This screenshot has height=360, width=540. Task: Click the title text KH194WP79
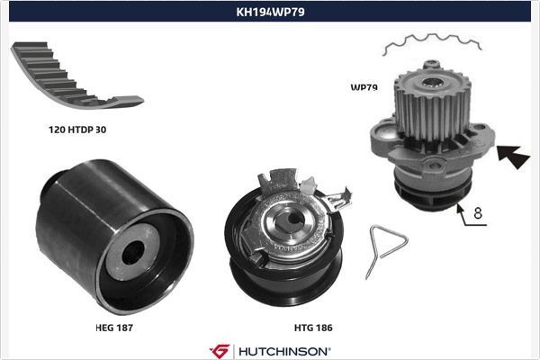(270, 13)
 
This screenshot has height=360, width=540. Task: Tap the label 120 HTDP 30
(77, 130)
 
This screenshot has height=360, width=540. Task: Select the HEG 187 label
(114, 328)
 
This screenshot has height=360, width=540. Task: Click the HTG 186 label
(313, 328)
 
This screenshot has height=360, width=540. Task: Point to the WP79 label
(364, 87)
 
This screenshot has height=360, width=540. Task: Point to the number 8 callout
(478, 213)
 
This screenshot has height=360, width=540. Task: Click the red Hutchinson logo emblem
(220, 350)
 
